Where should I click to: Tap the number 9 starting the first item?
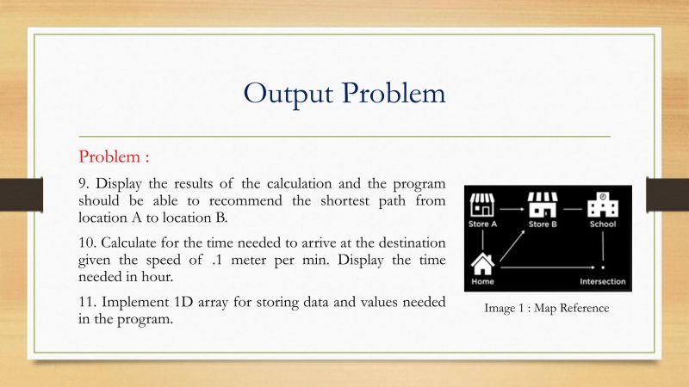(83, 184)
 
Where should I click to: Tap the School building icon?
(602, 206)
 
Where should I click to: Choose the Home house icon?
(483, 262)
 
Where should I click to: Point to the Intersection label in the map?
(602, 282)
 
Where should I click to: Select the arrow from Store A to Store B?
(512, 208)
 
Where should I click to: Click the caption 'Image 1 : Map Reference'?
(547, 308)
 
